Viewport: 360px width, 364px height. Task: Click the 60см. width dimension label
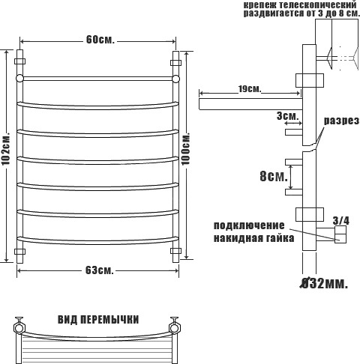100,40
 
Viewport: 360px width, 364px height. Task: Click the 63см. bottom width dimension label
100,270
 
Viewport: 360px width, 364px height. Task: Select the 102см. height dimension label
5,148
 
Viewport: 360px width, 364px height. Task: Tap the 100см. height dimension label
186,148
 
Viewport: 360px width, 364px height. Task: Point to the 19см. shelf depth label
249,89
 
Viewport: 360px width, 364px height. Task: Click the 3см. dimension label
288,116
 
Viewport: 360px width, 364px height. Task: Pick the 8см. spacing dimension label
274,176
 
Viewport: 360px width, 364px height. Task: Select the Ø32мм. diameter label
324,283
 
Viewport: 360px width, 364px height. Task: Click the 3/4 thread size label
341,221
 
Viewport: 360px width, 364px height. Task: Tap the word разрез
342,121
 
